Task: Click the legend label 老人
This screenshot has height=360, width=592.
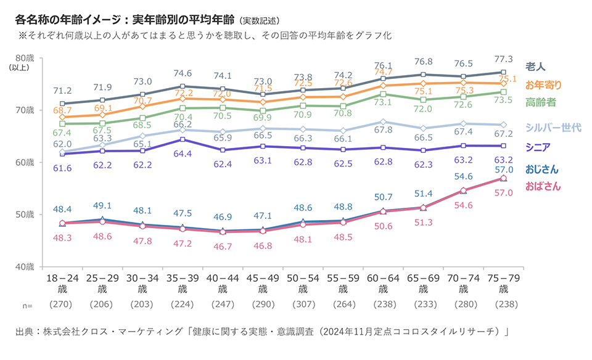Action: click(535, 66)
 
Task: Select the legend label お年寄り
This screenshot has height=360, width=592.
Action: click(543, 84)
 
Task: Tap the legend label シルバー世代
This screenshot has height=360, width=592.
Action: click(553, 128)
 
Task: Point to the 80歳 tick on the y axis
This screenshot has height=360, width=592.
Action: click(27, 58)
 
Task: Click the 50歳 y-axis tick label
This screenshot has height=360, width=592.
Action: click(27, 215)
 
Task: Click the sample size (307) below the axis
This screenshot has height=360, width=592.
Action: click(302, 305)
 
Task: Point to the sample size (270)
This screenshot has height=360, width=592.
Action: click(62, 305)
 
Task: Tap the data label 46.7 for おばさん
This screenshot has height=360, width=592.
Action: click(222, 245)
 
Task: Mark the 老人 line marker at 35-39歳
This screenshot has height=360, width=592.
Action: click(183, 86)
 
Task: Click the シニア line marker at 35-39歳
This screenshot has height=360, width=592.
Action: click(183, 139)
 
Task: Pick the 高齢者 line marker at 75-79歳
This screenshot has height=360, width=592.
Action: click(503, 92)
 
